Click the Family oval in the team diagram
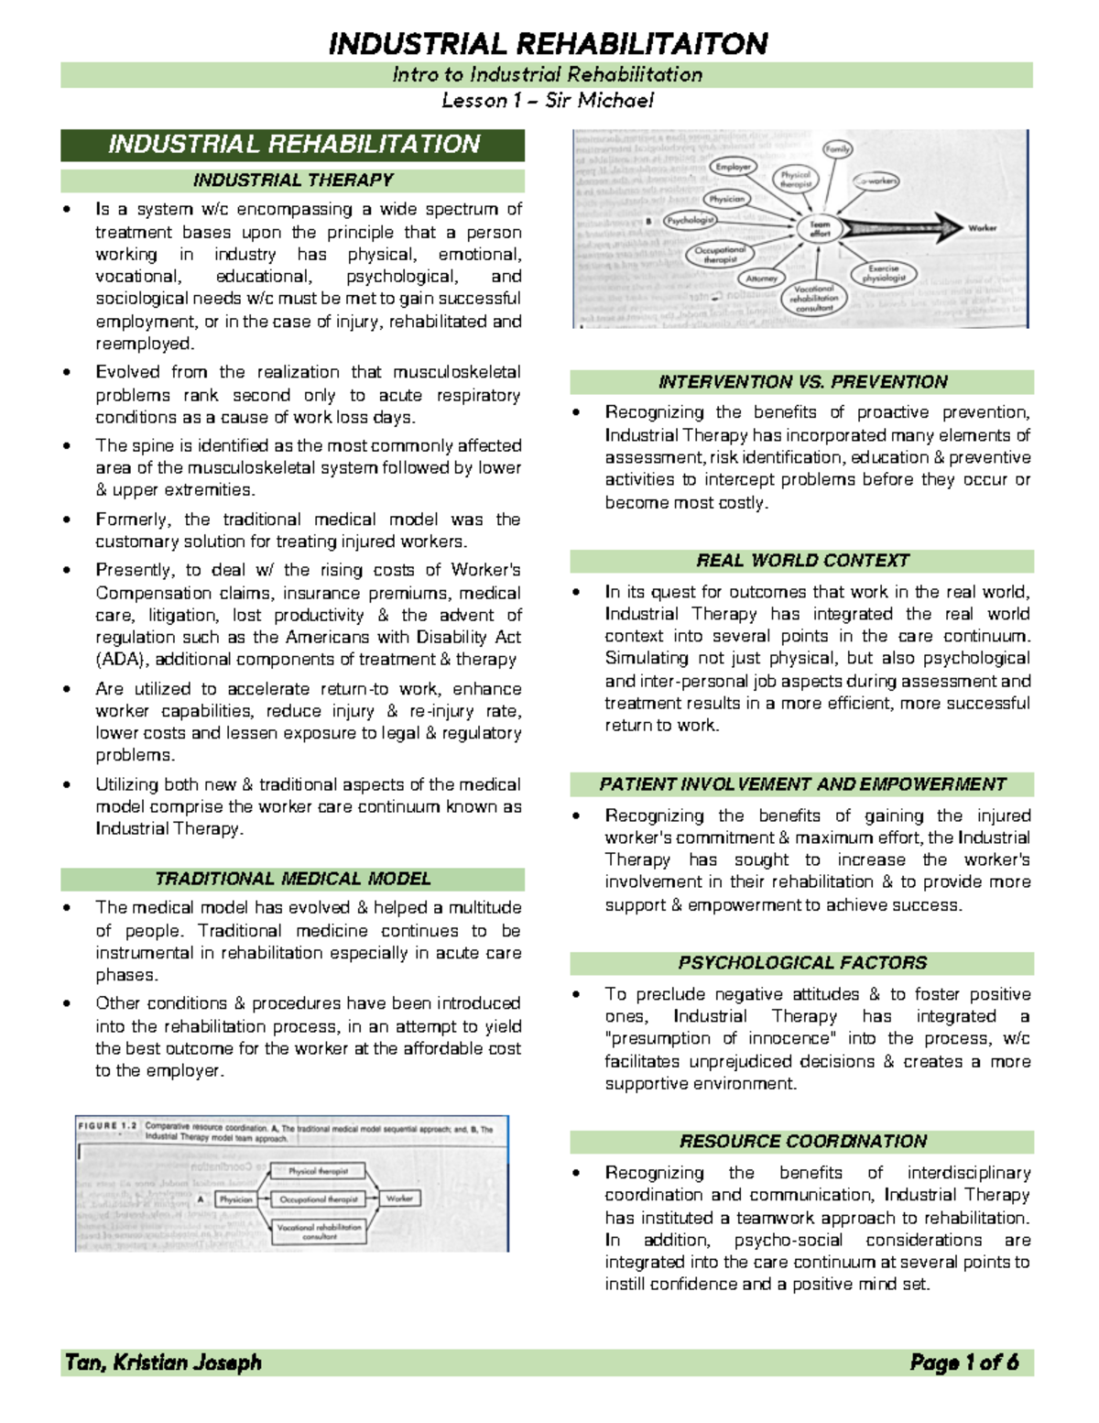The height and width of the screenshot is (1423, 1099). click(x=837, y=148)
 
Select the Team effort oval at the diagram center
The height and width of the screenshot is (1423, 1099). click(x=820, y=228)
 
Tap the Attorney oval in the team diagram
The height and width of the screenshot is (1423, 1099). click(x=761, y=279)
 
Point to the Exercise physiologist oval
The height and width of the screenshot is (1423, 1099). click(x=883, y=273)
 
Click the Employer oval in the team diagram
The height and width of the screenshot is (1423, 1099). click(x=733, y=167)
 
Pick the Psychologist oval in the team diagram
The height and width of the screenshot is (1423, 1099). click(x=690, y=220)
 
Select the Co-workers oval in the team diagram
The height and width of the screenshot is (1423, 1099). click(x=876, y=181)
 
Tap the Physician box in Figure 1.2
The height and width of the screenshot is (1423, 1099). click(x=235, y=1199)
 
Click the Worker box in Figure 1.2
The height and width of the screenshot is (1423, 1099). click(x=399, y=1198)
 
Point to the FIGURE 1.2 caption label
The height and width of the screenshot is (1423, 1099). click(x=108, y=1126)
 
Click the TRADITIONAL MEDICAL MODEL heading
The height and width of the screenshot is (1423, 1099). click(x=293, y=879)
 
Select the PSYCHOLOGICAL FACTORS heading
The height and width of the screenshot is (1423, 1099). click(x=802, y=963)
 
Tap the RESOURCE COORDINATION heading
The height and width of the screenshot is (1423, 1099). click(x=802, y=1141)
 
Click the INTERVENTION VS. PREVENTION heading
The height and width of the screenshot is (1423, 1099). click(x=802, y=382)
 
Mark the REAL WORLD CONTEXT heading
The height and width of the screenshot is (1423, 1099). click(x=802, y=561)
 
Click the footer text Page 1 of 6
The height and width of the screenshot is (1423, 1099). click(x=963, y=1363)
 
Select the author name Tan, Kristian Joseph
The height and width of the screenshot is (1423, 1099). click(x=163, y=1363)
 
